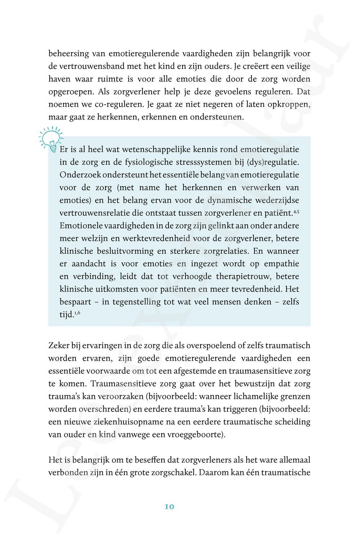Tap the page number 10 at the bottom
(x=170, y=507)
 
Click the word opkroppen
(x=287, y=104)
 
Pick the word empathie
(x=282, y=264)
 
